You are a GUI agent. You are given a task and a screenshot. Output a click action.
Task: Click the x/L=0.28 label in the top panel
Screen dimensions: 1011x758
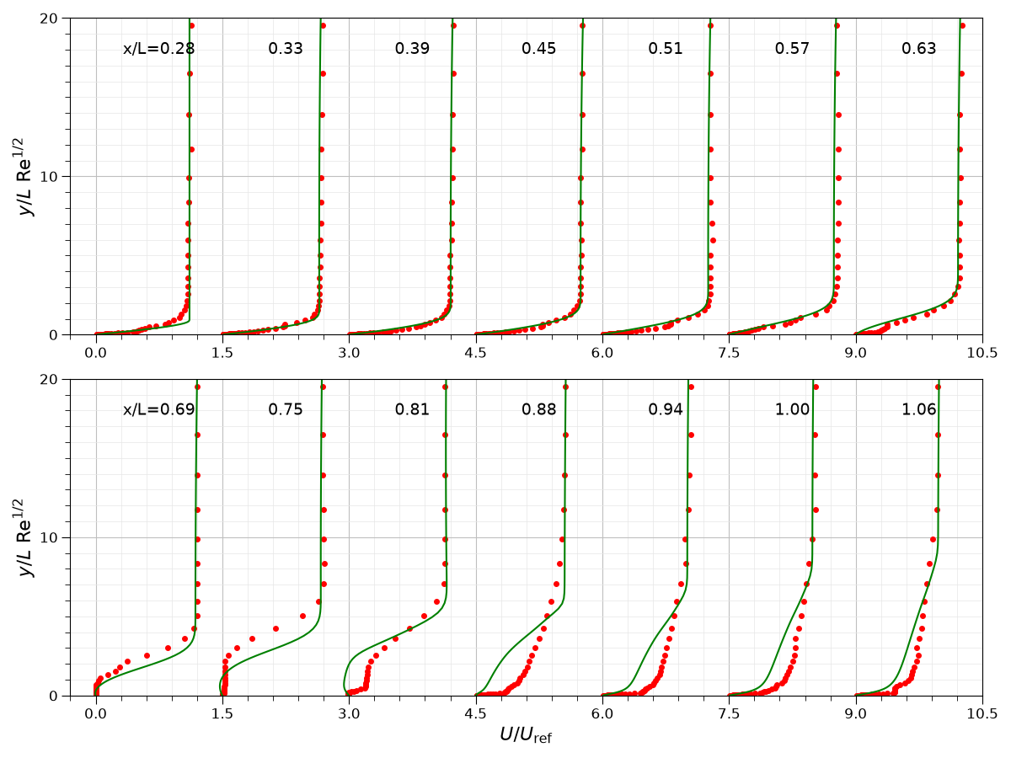(158, 48)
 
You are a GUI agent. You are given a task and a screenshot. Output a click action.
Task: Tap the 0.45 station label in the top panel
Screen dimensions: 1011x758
(538, 48)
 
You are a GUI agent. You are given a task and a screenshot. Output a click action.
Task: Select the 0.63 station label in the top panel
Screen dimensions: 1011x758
(918, 48)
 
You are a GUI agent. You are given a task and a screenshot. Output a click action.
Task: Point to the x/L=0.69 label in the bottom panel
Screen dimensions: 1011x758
(158, 409)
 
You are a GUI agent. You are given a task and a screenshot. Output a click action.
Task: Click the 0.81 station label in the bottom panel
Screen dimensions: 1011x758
(412, 409)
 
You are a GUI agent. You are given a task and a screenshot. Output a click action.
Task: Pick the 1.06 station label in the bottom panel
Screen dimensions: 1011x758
(918, 409)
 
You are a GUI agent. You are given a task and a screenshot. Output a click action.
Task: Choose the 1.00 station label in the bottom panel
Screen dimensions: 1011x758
(792, 409)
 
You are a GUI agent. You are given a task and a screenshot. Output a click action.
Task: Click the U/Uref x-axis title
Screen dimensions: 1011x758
(526, 735)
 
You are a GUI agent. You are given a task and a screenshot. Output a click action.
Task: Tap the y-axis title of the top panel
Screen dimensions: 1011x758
(24, 176)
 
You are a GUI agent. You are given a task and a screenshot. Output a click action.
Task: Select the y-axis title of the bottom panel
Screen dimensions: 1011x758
(24, 537)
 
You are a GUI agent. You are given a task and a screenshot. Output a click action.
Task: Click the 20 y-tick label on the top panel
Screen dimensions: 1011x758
(49, 19)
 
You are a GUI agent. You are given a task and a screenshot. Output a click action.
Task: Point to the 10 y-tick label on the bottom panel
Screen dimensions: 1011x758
(49, 537)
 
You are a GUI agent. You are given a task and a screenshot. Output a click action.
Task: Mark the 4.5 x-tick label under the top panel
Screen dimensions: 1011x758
(475, 353)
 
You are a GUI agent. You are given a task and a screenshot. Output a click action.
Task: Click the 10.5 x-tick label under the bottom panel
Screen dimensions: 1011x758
(982, 714)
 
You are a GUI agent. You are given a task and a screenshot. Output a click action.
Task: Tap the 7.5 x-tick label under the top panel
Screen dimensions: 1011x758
(729, 353)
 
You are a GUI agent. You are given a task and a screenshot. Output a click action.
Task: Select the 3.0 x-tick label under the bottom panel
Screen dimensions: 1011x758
(349, 714)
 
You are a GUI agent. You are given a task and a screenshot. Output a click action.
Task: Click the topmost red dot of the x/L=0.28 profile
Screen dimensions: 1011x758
(191, 26)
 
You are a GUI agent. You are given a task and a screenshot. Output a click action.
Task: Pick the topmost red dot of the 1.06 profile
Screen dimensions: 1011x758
(938, 387)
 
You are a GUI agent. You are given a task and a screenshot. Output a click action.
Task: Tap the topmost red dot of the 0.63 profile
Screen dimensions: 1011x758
(962, 26)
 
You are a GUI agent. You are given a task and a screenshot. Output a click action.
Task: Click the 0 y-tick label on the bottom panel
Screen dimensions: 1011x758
(53, 696)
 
